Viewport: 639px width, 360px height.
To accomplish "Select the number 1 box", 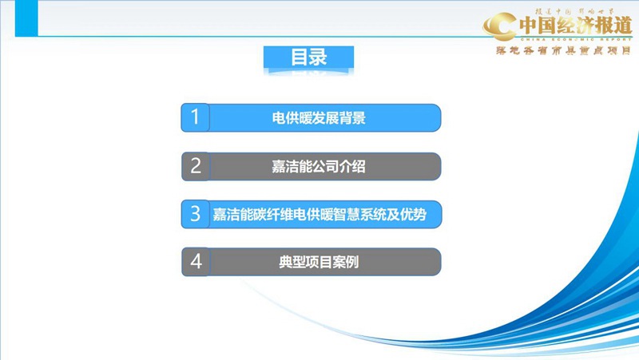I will [x=195, y=118].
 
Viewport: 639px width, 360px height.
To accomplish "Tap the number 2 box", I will [x=195, y=166].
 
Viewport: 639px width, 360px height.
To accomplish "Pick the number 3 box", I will [x=195, y=214].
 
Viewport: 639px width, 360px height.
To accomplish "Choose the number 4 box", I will [x=195, y=262].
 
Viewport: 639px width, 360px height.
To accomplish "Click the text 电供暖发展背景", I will [x=319, y=119].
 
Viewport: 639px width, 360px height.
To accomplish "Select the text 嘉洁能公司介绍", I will [x=319, y=167].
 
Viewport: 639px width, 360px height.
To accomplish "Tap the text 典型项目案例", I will [x=319, y=263].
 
